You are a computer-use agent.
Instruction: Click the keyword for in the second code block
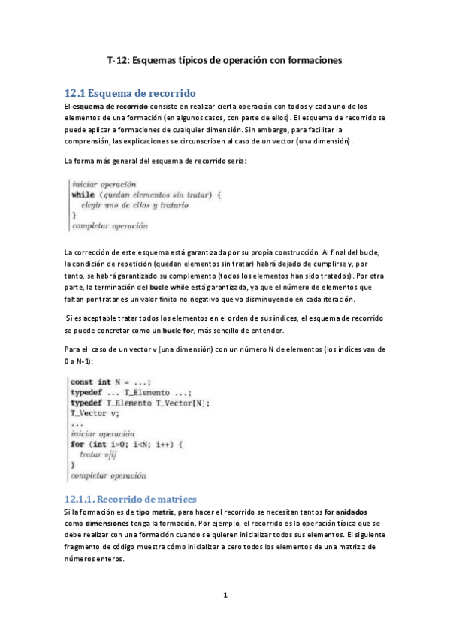coord(77,444)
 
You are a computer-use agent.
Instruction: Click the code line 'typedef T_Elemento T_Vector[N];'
coord(140,402)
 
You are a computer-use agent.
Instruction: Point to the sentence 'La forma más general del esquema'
coord(161,161)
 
